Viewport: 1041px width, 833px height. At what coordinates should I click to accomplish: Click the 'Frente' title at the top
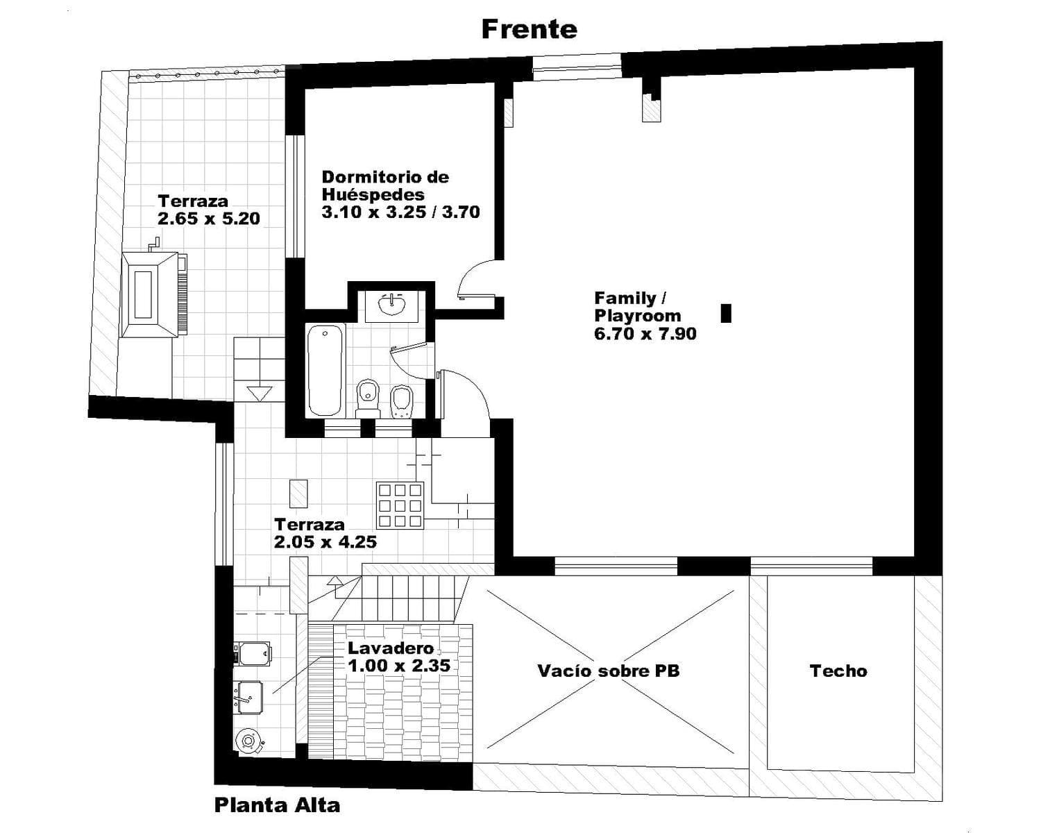click(x=530, y=30)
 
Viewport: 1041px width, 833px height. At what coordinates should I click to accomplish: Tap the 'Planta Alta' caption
click(x=277, y=805)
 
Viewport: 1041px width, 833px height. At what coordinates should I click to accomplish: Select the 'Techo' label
click(x=838, y=671)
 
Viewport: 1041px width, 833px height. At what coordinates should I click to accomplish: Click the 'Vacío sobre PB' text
click(x=609, y=671)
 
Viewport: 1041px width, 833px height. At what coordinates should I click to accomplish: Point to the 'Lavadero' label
click(x=391, y=648)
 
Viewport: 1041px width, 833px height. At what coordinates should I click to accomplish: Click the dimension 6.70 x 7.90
click(x=645, y=333)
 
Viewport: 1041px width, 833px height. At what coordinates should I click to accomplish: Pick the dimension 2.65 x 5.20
click(x=209, y=218)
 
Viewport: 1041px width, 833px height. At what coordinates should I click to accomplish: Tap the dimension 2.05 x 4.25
click(x=325, y=541)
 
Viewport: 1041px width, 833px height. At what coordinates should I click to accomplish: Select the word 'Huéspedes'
click(x=373, y=194)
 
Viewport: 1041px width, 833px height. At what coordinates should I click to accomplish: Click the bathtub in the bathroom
click(x=325, y=370)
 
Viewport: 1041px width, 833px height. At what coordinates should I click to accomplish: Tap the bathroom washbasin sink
click(x=391, y=305)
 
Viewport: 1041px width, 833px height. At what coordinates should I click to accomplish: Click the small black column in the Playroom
click(x=726, y=313)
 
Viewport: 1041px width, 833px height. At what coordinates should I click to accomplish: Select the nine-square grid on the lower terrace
click(x=400, y=505)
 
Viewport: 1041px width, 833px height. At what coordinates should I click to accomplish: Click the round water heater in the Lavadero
click(x=249, y=741)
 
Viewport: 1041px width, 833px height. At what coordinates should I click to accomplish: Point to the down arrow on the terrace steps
click(x=260, y=394)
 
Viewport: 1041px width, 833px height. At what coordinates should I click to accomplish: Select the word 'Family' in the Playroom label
click(x=625, y=298)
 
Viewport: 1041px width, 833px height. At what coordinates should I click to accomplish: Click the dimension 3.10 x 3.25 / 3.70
click(x=400, y=212)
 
